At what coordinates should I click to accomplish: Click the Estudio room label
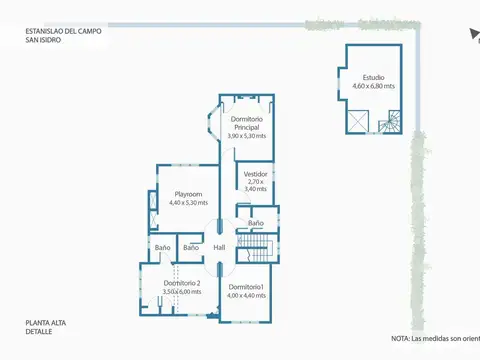(373, 77)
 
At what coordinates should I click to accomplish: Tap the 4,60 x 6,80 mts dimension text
(373, 86)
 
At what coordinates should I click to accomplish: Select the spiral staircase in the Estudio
(390, 124)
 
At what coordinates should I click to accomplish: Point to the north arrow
(472, 34)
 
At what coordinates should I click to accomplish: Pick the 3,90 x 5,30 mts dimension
(246, 136)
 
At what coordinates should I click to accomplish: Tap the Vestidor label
(256, 173)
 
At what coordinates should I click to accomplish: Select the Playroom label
(189, 194)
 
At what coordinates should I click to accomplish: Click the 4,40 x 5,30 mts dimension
(189, 203)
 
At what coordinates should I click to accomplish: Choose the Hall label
(219, 247)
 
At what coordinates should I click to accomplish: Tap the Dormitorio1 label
(246, 287)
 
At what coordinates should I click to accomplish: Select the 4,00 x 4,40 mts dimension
(246, 296)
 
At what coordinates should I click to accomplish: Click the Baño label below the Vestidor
(256, 223)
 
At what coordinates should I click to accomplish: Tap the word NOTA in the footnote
(401, 337)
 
